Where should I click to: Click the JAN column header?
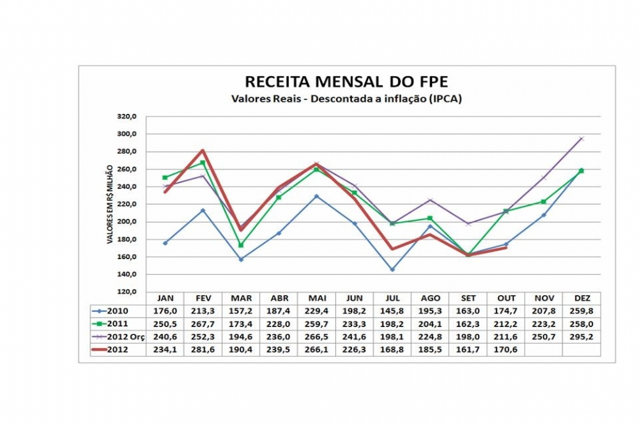(x=165, y=298)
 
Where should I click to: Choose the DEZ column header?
(x=581, y=298)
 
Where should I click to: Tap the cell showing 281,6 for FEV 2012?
(x=203, y=349)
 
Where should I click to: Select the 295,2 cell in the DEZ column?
(x=581, y=336)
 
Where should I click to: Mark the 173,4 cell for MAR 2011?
(x=241, y=323)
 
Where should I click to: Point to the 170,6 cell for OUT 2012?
(x=506, y=349)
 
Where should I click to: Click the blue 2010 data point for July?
(x=392, y=269)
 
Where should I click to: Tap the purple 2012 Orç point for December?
(x=581, y=138)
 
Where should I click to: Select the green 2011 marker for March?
(x=241, y=245)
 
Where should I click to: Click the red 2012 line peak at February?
(x=203, y=150)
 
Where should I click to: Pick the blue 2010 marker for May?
(x=316, y=196)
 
